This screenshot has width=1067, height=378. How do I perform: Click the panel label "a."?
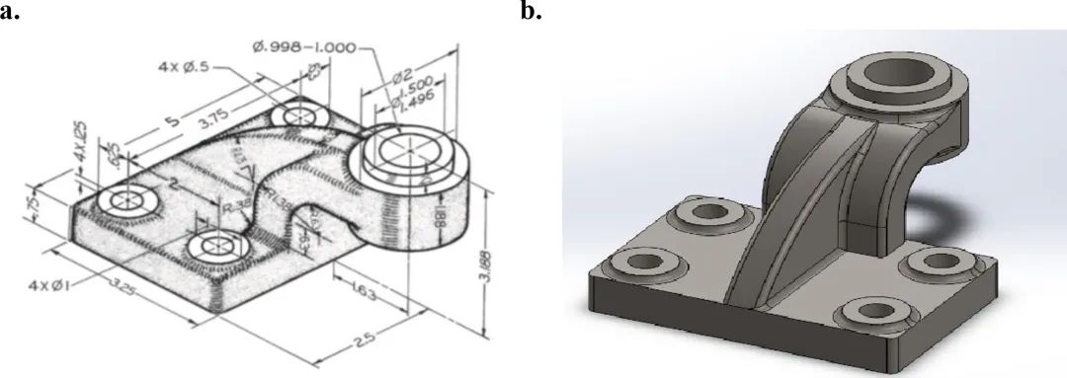coord(12,13)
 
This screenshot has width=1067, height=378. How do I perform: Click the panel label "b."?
coord(532,13)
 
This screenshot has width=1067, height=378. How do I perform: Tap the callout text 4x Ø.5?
coord(183,67)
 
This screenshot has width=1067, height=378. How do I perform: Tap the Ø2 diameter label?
coord(402,76)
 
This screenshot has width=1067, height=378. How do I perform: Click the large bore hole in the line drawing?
coord(399,151)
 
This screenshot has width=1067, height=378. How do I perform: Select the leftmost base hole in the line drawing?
coord(126,201)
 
